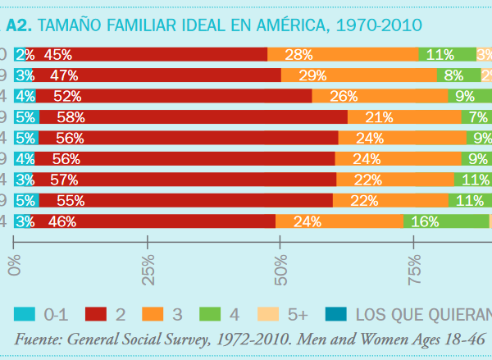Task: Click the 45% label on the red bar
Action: coord(58,55)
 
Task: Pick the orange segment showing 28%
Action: coord(343,55)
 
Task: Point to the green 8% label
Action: coord(454,75)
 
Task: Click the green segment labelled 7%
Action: coord(478,116)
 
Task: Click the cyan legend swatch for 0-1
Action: coord(25,312)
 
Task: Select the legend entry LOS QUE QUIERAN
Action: coord(423,312)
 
